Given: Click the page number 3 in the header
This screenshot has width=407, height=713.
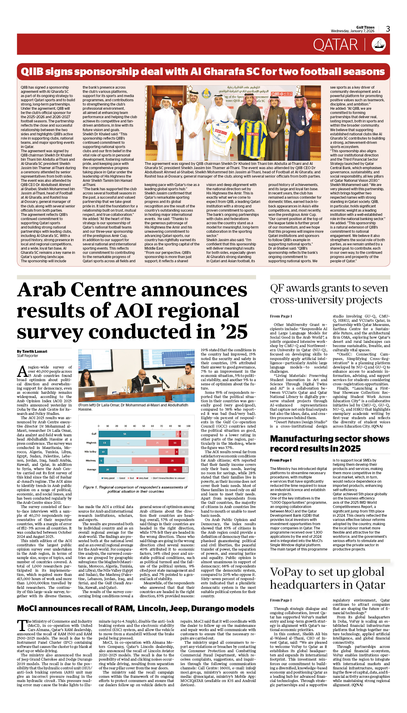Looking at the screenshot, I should click(x=388, y=29).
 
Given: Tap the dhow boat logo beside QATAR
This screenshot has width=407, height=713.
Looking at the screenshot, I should click(x=379, y=44).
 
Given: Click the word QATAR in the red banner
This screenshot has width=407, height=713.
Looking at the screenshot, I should click(x=335, y=45).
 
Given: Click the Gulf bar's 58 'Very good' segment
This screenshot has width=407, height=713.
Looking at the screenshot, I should click(x=124, y=434).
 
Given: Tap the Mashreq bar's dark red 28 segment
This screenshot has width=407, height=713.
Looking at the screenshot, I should click(x=172, y=460).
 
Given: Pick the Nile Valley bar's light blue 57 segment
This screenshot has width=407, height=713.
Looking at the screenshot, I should click(x=133, y=452).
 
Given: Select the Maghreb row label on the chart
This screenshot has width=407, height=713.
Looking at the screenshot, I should click(x=91, y=443).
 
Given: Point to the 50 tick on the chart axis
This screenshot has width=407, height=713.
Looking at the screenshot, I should click(x=143, y=426).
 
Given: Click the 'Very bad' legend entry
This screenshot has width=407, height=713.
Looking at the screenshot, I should click(x=142, y=478).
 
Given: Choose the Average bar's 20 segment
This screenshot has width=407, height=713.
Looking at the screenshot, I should click(x=108, y=469).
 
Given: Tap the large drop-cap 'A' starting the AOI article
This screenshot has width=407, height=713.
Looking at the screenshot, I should click(x=22, y=371).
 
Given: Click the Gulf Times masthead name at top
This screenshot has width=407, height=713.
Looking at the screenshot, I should click(x=365, y=27).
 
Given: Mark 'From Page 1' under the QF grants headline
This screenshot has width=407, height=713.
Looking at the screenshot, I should click(x=281, y=316).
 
